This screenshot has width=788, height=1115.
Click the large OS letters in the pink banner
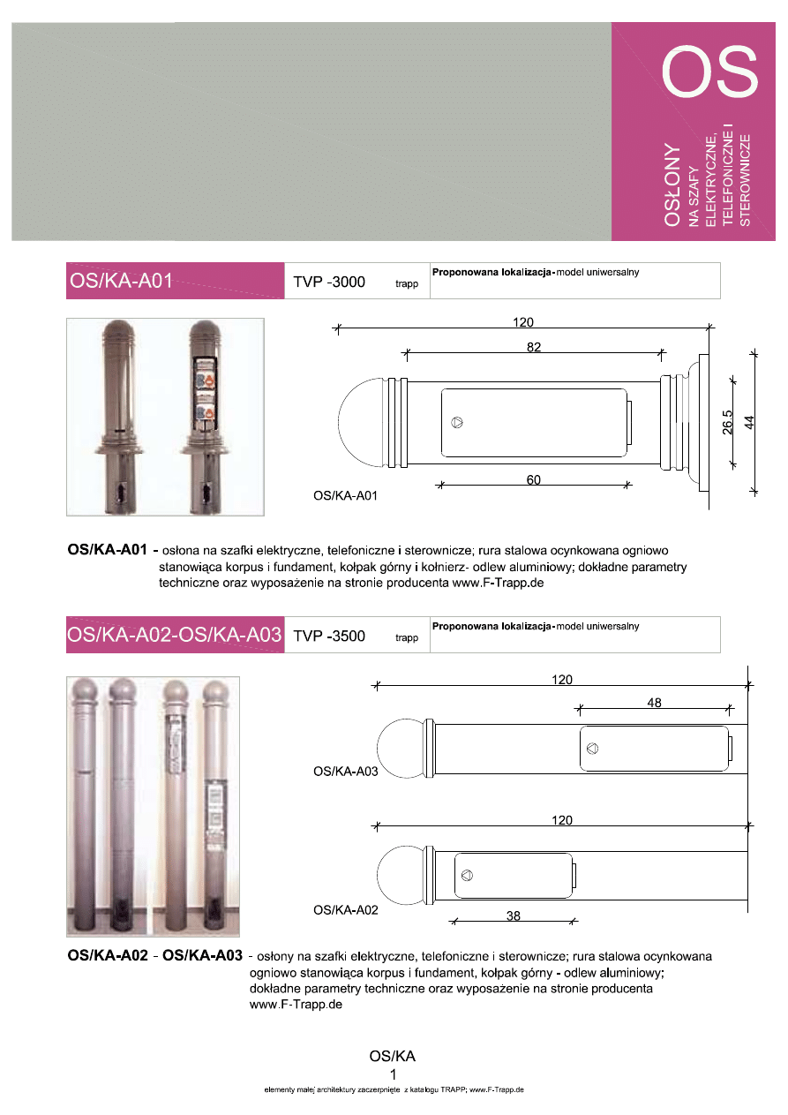(x=710, y=72)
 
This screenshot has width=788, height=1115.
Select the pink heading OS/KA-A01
(x=120, y=282)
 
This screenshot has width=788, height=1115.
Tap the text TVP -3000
(x=329, y=283)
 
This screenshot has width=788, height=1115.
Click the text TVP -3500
(x=329, y=636)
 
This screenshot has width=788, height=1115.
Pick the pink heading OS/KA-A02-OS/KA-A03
(x=174, y=635)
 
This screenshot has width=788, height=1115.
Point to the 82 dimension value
(x=534, y=348)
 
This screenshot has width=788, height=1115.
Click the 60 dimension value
(x=534, y=479)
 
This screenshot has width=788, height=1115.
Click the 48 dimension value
(x=654, y=703)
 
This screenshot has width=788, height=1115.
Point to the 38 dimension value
(x=513, y=916)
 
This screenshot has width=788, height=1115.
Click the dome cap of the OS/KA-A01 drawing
(x=362, y=423)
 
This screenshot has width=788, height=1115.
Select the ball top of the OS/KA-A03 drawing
(x=401, y=748)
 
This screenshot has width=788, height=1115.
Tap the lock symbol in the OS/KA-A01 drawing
(x=457, y=423)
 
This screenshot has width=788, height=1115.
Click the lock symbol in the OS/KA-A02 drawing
(x=467, y=876)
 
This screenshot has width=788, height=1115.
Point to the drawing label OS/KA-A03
(x=346, y=772)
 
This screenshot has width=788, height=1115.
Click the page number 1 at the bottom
(x=393, y=1074)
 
